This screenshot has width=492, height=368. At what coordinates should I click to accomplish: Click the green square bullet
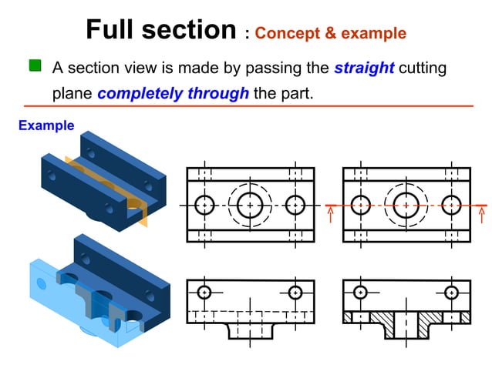[35, 66]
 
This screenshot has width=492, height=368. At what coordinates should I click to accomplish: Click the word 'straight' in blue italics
[364, 68]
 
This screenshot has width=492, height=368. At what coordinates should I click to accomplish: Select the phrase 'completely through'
[173, 94]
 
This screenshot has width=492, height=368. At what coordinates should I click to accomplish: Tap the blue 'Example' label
[46, 125]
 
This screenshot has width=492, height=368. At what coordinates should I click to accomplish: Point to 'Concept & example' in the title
[330, 33]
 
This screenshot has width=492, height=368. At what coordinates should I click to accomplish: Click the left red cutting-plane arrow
[330, 212]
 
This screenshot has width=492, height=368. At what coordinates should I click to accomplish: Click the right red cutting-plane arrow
[484, 212]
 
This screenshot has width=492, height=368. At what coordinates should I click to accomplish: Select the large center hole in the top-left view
[250, 206]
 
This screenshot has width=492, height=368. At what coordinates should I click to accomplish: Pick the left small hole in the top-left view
[204, 206]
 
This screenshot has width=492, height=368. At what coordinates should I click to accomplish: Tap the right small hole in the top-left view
[295, 206]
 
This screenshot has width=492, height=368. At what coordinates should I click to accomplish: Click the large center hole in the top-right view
[406, 206]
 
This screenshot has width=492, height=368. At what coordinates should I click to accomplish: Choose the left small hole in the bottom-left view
[204, 293]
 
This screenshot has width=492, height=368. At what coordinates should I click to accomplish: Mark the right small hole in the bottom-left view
[295, 293]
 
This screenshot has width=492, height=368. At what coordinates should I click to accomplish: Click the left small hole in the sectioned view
[360, 293]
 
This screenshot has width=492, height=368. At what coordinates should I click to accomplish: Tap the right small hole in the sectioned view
[451, 293]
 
